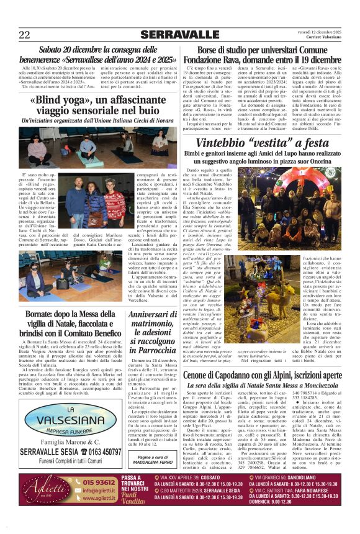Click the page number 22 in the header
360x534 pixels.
click(24, 34)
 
